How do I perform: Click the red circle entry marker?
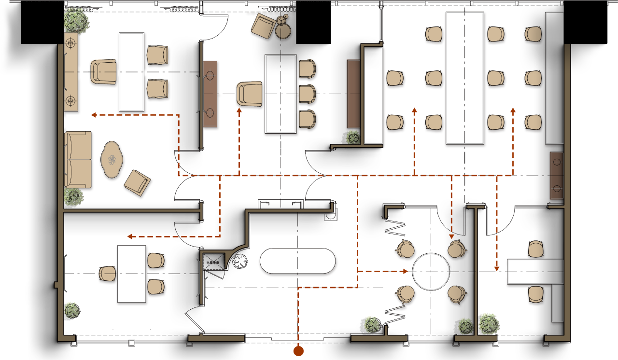tap(298, 351)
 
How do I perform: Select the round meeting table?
tap(431, 272)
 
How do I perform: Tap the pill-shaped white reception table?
tap(297, 261)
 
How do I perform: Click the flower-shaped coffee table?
tap(112, 159)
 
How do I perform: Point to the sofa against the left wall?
tap(77, 159)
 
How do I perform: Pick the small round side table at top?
tap(283, 30)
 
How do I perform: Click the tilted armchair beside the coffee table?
tap(137, 182)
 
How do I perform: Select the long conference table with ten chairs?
tap(464, 78)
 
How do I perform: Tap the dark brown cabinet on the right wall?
tap(557, 175)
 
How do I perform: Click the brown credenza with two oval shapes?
tap(210, 94)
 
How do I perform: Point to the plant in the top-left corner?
tap(76, 21)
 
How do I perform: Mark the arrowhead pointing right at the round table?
tap(406, 271)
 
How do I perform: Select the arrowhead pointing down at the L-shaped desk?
tap(496, 268)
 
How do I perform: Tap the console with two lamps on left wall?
tap(71, 72)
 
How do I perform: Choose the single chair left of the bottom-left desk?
tap(108, 274)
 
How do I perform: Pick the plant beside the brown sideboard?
tap(352, 137)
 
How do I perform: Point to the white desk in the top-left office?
tap(131, 72)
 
